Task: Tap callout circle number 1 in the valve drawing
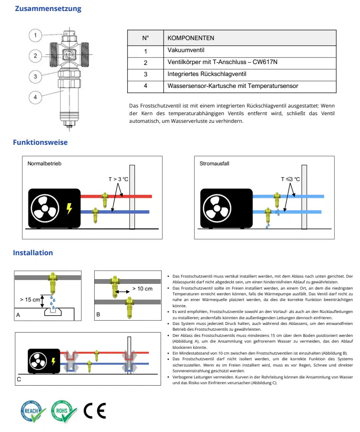point(35,34)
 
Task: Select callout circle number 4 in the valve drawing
point(35,97)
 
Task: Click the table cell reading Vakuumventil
point(184,50)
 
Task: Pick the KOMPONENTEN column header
point(191,38)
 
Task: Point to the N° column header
point(146,38)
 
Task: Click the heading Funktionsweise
point(40,142)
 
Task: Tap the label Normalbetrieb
point(44,163)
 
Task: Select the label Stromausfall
point(215,163)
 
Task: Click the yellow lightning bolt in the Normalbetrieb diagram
point(70,208)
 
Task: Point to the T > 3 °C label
point(119,179)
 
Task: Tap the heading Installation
point(33,252)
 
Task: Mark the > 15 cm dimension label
point(30,299)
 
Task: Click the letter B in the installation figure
point(98,314)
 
